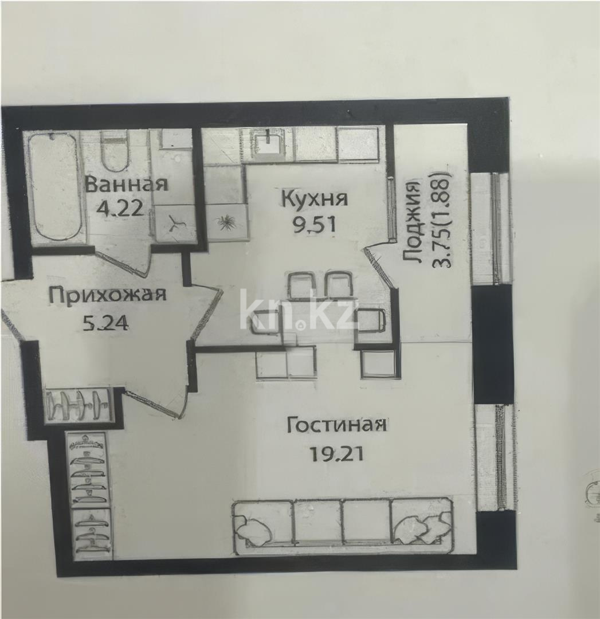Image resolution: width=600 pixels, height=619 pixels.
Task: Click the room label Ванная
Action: pos(126,185)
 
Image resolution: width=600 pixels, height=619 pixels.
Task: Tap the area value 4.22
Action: pos(120,207)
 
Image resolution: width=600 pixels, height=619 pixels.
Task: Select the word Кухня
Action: pos(315,199)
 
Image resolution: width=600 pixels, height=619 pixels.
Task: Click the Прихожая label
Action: pos(107,295)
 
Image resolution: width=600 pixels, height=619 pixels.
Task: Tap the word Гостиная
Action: pos(336,425)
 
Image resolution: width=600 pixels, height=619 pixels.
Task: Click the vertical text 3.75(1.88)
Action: pos(444,220)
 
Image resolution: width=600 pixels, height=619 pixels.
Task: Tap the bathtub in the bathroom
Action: pos(55,186)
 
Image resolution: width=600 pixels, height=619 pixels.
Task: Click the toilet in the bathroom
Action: pos(115,151)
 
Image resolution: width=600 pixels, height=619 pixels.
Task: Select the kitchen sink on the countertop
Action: pos(269,143)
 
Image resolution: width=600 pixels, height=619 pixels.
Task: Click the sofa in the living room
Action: pos(343,525)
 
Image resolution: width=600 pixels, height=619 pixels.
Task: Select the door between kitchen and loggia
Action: pos(379,265)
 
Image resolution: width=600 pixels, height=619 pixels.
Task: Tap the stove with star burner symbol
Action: pos(228,222)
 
